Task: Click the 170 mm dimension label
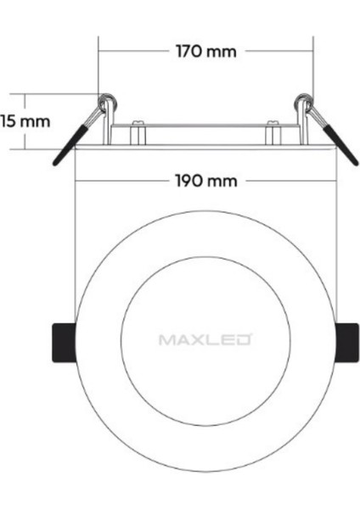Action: [x=205, y=51]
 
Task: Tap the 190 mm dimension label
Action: [x=205, y=182]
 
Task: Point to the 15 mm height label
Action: [x=25, y=120]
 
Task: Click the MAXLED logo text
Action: [x=205, y=340]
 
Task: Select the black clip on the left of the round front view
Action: [x=59, y=342]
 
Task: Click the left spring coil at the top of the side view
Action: [x=105, y=103]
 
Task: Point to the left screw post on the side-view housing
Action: [x=137, y=133]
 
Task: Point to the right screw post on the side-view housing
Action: [x=273, y=133]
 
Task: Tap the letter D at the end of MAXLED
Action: [x=244, y=340]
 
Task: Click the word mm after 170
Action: [x=223, y=51]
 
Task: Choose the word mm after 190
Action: [x=223, y=182]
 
